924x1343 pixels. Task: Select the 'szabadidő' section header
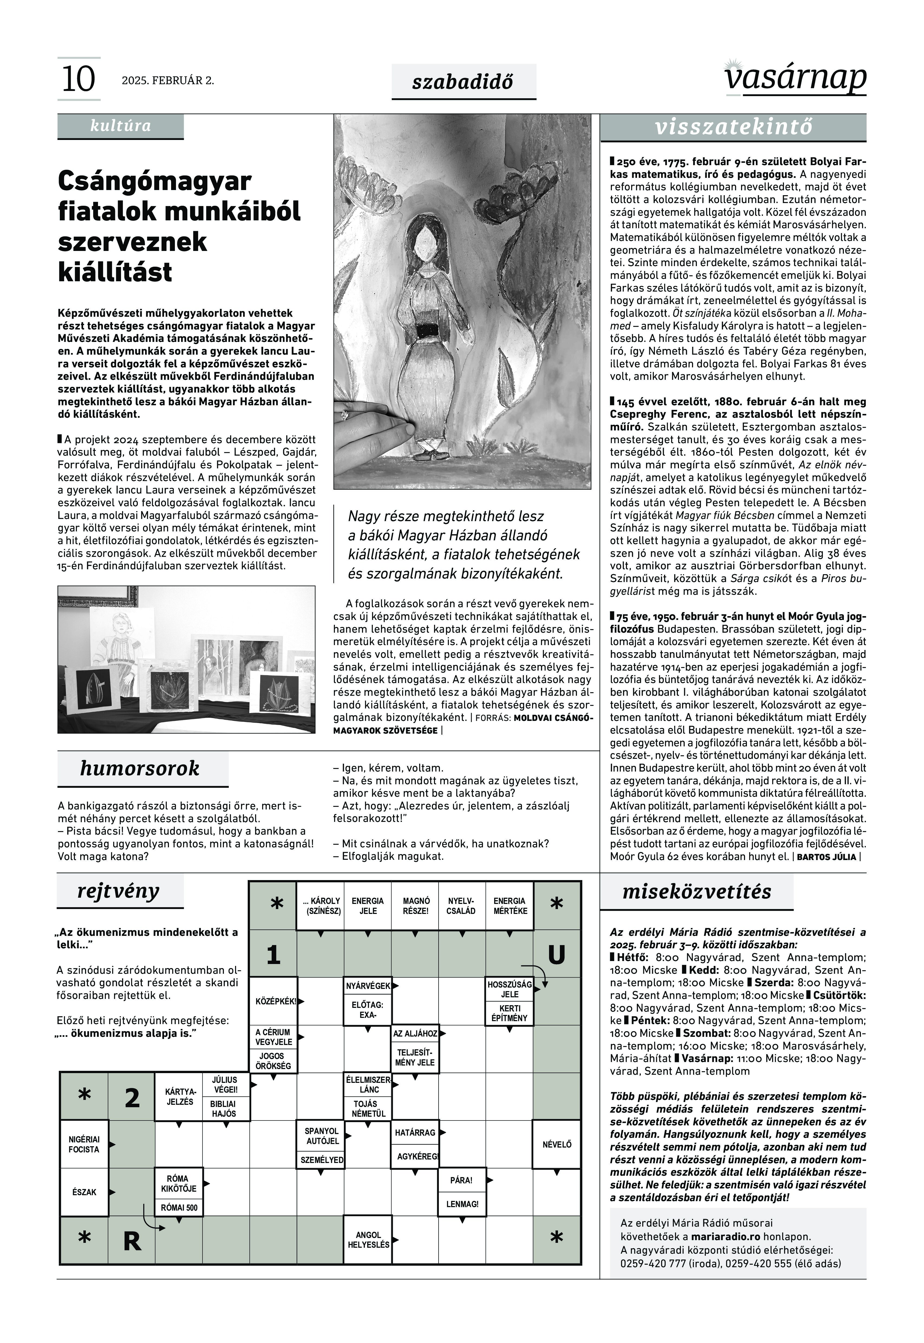click(x=463, y=82)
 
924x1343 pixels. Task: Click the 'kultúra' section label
click(x=120, y=126)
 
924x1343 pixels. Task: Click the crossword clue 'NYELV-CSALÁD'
click(x=461, y=906)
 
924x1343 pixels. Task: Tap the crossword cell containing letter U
click(x=556, y=955)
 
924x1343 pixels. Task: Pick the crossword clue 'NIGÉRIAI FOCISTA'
click(x=84, y=1145)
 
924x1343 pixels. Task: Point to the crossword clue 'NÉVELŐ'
click(x=556, y=1145)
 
